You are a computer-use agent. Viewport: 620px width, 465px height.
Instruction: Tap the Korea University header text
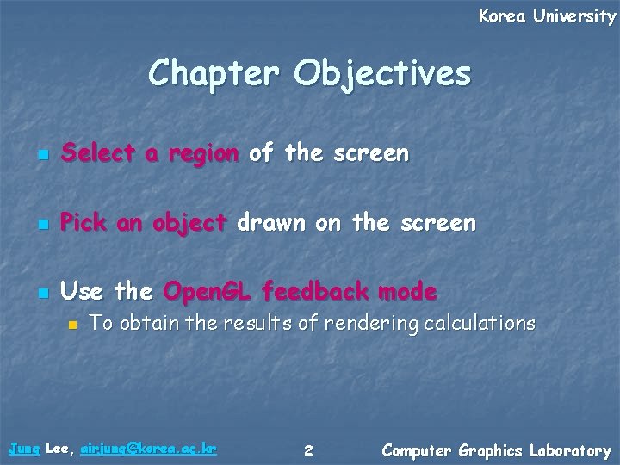pos(547,16)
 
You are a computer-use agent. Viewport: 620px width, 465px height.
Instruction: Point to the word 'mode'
pos(406,293)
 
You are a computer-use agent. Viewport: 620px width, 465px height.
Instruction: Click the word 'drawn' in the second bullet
pos(270,224)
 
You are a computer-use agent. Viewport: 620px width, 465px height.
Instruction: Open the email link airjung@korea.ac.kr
pos(148,449)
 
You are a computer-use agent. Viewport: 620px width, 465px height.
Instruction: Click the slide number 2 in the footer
pos(309,450)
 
